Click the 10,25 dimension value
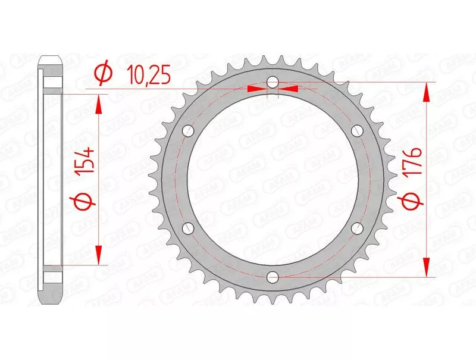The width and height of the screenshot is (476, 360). pyautogui.click(x=149, y=75)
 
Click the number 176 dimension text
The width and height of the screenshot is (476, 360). pyautogui.click(x=412, y=161)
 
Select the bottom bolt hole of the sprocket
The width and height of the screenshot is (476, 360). pyautogui.click(x=273, y=276)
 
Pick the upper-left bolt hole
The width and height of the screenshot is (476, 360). pyautogui.click(x=189, y=131)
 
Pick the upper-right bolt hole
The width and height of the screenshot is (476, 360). pyautogui.click(x=357, y=131)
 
